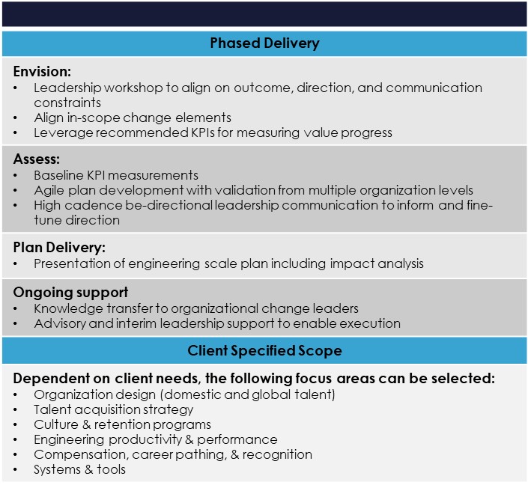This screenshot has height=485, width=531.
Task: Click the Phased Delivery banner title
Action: (264, 43)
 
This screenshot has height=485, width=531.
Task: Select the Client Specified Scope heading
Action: (264, 350)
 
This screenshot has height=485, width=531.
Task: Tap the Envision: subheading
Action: (42, 71)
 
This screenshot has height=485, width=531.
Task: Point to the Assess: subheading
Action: (37, 159)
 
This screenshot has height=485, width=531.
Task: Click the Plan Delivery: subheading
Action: (59, 248)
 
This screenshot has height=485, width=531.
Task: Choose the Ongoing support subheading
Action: (70, 293)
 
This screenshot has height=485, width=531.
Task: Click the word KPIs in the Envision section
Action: (203, 132)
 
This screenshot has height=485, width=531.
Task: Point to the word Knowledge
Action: (68, 308)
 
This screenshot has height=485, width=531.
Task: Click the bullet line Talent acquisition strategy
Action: (113, 409)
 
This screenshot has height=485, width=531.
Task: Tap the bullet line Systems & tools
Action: (79, 469)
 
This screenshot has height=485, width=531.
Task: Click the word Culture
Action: (56, 424)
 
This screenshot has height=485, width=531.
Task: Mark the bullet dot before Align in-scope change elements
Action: (15, 118)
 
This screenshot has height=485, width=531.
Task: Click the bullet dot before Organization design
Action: (15, 394)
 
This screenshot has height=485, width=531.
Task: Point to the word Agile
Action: (49, 191)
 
